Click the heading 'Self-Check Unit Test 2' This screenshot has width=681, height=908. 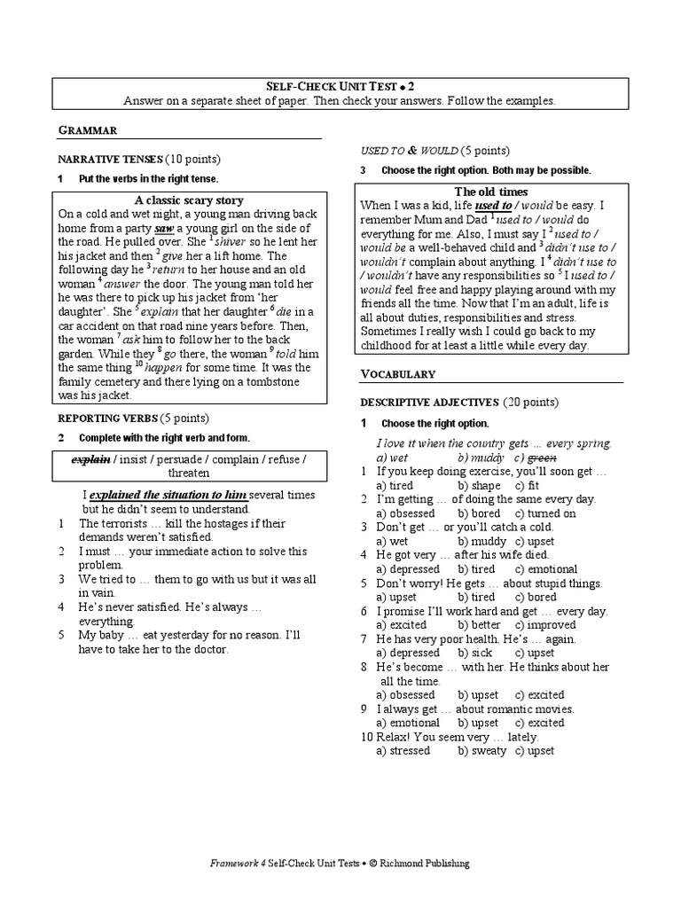tap(340, 86)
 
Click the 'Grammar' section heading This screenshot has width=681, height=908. tap(87, 130)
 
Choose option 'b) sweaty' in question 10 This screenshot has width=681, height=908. tap(481, 750)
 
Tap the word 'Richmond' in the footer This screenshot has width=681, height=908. tap(399, 863)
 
